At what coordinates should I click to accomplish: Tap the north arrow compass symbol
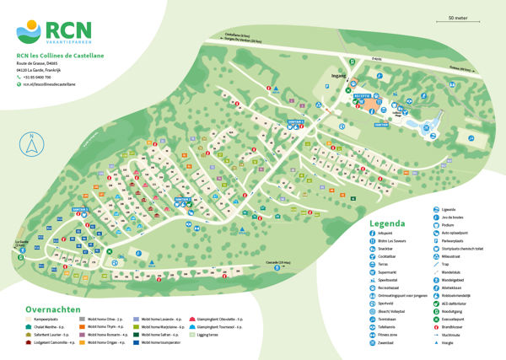coord(31,144)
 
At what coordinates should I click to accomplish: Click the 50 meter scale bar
coord(458,22)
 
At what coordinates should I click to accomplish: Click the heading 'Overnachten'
coord(53,309)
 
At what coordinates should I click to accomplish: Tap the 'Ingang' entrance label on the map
coord(340,75)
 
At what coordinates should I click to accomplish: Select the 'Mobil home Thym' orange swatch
coord(82,327)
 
